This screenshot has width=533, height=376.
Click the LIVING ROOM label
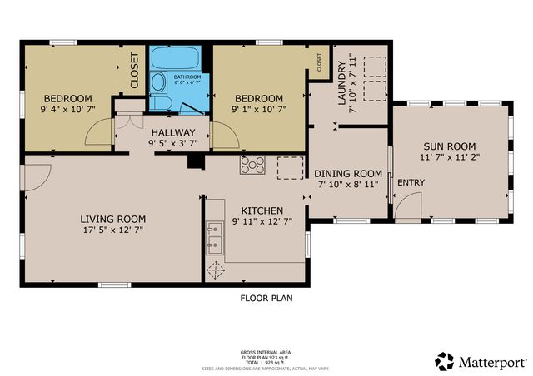pos(112,219)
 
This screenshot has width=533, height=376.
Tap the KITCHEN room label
pos(262,210)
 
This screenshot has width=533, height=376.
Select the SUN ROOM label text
pos(450,144)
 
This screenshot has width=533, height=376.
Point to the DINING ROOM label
pos(347,173)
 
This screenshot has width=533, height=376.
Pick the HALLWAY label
pos(172,132)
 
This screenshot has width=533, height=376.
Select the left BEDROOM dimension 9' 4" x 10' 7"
pos(67,108)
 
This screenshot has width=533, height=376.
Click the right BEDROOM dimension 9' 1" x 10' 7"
pos(258,108)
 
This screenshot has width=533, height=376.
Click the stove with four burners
pos(252,165)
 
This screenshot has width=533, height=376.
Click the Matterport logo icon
pos(444,361)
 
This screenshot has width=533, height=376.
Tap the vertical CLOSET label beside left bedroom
pos(135,71)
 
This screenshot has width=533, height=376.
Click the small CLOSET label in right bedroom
pos(319,61)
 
